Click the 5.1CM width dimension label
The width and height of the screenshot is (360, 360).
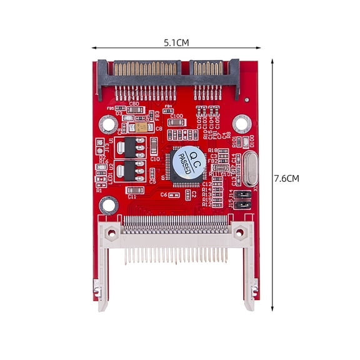point(176,42)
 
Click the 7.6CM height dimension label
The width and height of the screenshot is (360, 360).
point(287,178)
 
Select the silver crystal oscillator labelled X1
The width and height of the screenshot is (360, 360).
point(249,169)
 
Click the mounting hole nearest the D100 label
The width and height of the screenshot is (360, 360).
point(242,123)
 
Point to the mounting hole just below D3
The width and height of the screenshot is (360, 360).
point(109,124)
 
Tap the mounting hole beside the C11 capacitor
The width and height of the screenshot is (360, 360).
point(109,204)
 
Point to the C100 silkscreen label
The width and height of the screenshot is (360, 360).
point(176,116)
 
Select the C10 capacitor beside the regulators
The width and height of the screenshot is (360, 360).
point(154,147)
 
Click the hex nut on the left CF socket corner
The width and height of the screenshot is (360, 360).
point(111,233)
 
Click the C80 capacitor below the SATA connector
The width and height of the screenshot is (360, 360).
point(134,110)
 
